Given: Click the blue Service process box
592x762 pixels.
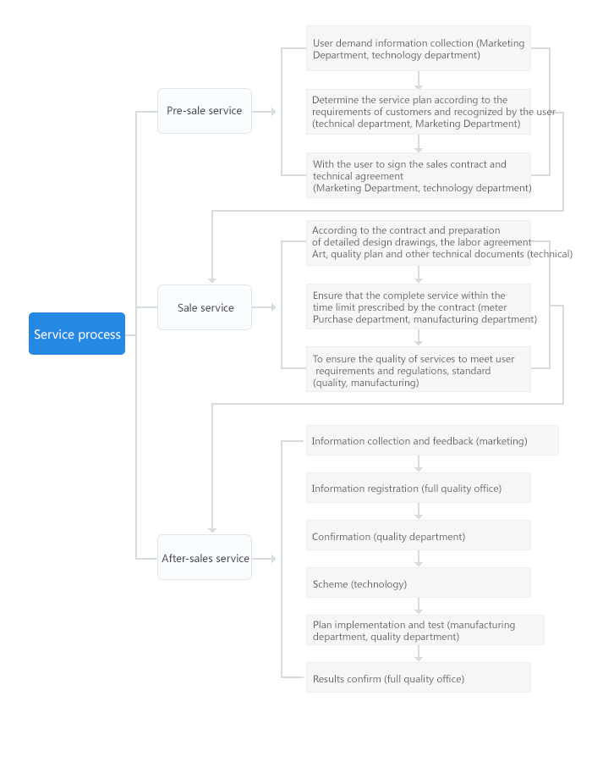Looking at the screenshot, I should click(77, 334).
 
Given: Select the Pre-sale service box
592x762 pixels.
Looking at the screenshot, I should click(204, 111).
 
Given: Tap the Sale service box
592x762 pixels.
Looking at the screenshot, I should click(204, 307).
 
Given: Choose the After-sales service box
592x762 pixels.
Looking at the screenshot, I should click(204, 557).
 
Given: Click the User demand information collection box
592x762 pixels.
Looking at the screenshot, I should click(418, 48).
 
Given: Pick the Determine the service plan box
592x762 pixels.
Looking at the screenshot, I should click(418, 111).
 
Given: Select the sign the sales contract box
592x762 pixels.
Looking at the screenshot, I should click(418, 175).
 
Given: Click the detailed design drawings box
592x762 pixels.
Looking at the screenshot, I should click(418, 242).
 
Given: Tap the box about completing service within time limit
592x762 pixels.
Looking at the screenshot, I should click(418, 306).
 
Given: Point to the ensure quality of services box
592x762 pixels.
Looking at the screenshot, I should click(418, 369).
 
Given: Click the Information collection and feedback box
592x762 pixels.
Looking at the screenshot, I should click(431, 440).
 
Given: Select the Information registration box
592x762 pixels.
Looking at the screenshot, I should click(418, 488).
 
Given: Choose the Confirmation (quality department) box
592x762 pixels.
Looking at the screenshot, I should click(418, 535).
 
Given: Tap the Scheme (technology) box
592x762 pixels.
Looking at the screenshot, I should click(418, 583).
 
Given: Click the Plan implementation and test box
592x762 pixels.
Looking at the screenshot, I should click(425, 630).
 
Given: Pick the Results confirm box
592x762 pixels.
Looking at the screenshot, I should click(418, 677).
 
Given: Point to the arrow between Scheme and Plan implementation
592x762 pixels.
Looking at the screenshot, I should click(418, 606).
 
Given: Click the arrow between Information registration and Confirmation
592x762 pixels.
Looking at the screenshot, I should click(418, 511).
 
